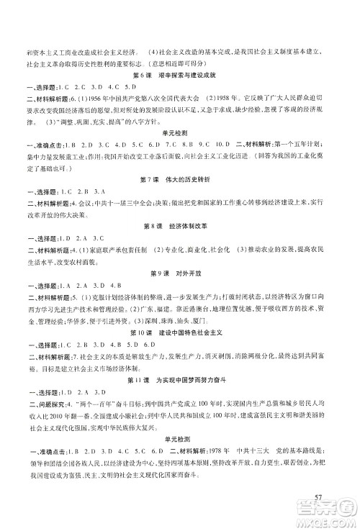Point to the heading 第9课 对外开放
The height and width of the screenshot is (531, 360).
point(180,273)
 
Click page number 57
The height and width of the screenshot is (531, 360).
point(322,498)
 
